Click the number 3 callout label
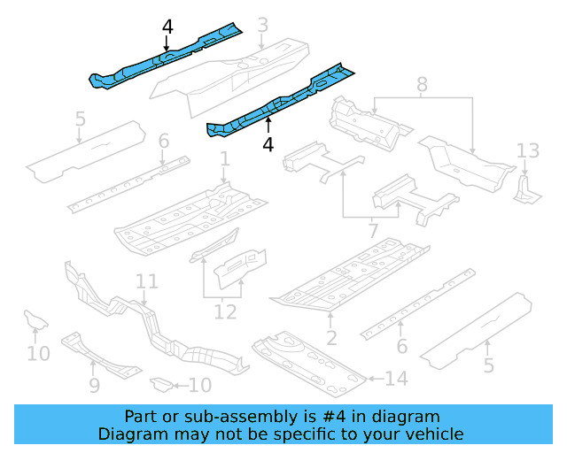[262, 27]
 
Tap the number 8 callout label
[422, 86]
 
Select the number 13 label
[528, 150]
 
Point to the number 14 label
[396, 380]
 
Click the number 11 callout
[147, 281]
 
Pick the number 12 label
[225, 312]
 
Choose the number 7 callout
[373, 231]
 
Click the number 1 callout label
[225, 159]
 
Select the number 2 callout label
[330, 336]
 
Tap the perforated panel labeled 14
[310, 363]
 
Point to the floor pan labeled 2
[350, 279]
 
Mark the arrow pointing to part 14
[373, 380]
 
